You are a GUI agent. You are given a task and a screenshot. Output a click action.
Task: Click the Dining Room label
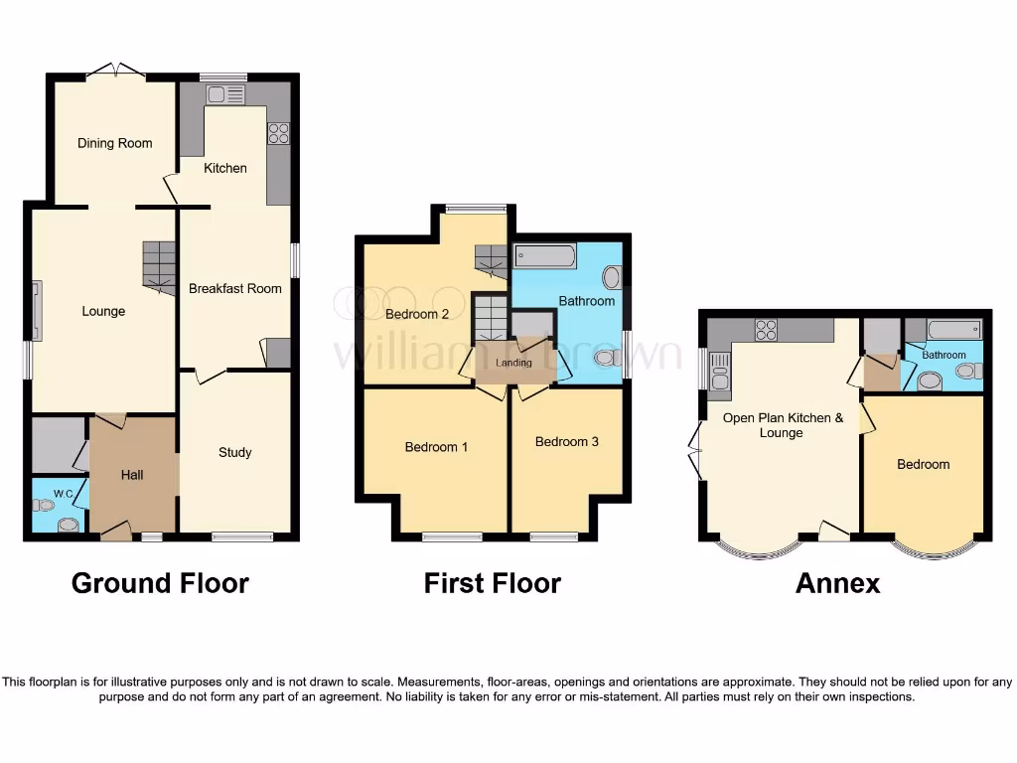115,143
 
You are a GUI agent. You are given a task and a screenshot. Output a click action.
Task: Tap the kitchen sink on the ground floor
225,95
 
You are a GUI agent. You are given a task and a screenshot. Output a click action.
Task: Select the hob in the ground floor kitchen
278,133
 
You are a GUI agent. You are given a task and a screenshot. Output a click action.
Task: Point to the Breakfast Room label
235,289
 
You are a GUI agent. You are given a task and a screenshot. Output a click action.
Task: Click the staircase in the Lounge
159,265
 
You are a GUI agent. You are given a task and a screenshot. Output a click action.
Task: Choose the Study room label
235,453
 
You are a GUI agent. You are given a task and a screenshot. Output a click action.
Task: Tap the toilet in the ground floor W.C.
44,506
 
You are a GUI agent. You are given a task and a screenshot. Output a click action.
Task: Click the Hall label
132,475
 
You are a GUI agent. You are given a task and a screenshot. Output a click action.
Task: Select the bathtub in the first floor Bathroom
545,256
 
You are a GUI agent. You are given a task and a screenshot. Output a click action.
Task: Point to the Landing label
514,364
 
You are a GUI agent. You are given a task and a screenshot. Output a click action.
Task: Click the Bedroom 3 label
567,442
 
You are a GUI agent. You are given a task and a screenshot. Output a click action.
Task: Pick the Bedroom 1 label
436,447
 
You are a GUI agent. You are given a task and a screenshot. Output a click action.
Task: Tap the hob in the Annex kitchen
766,330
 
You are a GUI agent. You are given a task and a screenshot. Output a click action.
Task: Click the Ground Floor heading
160,583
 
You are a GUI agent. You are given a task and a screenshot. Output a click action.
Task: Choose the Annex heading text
837,583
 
